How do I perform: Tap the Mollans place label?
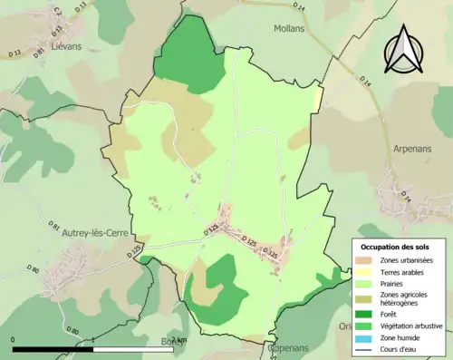[289, 28]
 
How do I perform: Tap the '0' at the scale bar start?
[14, 340]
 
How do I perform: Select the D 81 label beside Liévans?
[39, 52]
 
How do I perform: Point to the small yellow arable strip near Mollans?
[318, 95]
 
